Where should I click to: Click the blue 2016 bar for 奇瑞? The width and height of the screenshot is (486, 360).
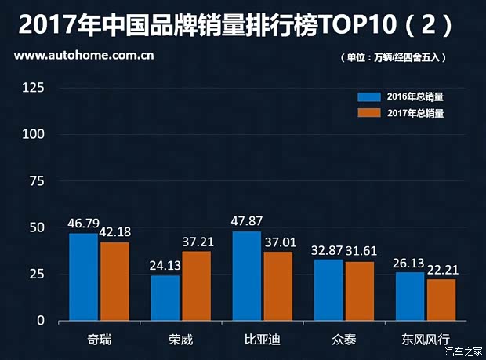tap(83, 277)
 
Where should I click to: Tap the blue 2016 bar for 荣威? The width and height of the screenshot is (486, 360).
tap(165, 298)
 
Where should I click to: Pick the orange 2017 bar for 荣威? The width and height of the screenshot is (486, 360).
tap(196, 285)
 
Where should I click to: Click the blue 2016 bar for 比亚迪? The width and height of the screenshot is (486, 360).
tap(246, 276)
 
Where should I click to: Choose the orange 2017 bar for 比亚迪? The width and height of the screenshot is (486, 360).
tap(277, 286)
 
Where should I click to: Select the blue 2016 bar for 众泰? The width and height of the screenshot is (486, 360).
tap(328, 290)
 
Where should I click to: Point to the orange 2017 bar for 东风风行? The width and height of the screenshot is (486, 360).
tap(441, 300)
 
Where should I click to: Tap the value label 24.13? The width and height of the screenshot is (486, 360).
tap(165, 265)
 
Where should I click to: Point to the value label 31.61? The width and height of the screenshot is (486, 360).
tap(360, 251)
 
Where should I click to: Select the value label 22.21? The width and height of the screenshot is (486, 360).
tap(442, 269)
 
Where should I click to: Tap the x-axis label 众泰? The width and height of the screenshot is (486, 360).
tap(343, 340)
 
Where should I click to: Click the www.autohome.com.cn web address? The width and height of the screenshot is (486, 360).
tap(83, 56)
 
